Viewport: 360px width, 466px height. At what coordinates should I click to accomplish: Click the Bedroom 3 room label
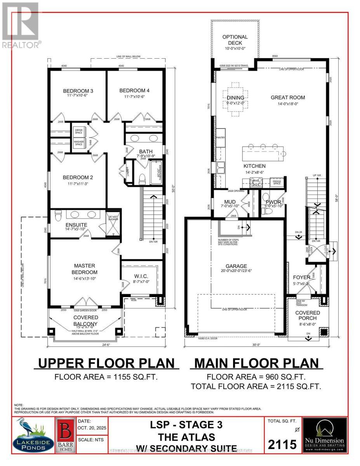[x=78, y=91]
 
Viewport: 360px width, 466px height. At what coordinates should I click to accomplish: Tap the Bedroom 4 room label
[x=134, y=90]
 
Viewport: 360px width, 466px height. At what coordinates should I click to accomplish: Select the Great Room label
[x=287, y=97]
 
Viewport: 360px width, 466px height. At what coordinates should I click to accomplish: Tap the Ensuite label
[x=76, y=225]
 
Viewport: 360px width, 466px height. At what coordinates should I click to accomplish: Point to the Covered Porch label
[x=307, y=316]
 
